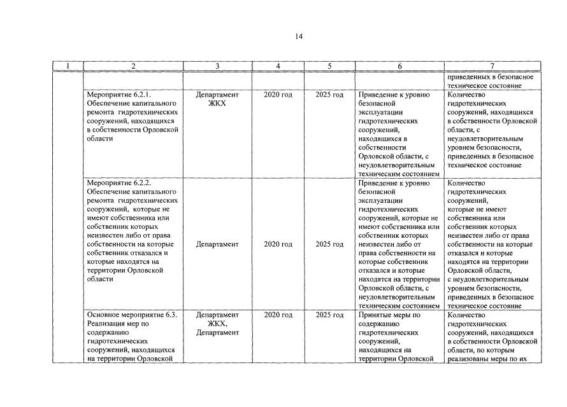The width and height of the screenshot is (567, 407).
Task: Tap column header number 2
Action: (133, 66)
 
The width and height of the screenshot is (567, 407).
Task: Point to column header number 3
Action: (217, 66)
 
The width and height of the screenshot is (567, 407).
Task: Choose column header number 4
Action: (278, 66)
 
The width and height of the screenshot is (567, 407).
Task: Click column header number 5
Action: (329, 66)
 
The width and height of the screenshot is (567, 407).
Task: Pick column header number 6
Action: (399, 66)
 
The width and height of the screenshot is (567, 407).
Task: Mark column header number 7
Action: (492, 66)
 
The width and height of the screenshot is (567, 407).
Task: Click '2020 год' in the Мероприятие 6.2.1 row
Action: (278, 95)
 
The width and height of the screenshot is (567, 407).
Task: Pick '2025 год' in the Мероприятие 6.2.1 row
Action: (329, 95)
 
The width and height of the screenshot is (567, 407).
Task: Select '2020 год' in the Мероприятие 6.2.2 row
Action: (278, 244)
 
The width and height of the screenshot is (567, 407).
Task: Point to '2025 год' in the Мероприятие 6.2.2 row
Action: (329, 244)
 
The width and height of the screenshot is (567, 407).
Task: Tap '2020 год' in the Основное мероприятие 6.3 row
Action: (278, 315)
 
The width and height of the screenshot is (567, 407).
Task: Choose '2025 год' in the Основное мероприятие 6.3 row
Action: (329, 315)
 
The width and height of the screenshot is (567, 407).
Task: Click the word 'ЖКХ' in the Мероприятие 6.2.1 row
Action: (217, 104)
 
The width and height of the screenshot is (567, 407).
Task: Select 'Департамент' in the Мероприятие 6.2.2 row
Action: (217, 244)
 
